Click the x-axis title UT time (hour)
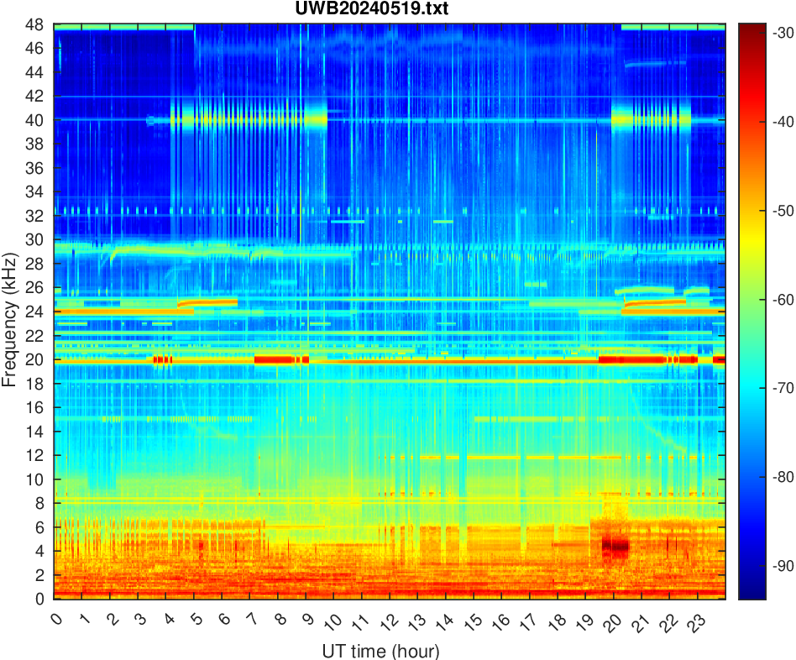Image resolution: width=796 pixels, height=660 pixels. coord(380,651)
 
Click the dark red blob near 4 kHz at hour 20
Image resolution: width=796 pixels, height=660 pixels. coord(615,546)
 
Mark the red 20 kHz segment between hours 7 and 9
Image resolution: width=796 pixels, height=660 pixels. coord(281,359)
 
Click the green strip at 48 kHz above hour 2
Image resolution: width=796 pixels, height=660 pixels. coord(111,27)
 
